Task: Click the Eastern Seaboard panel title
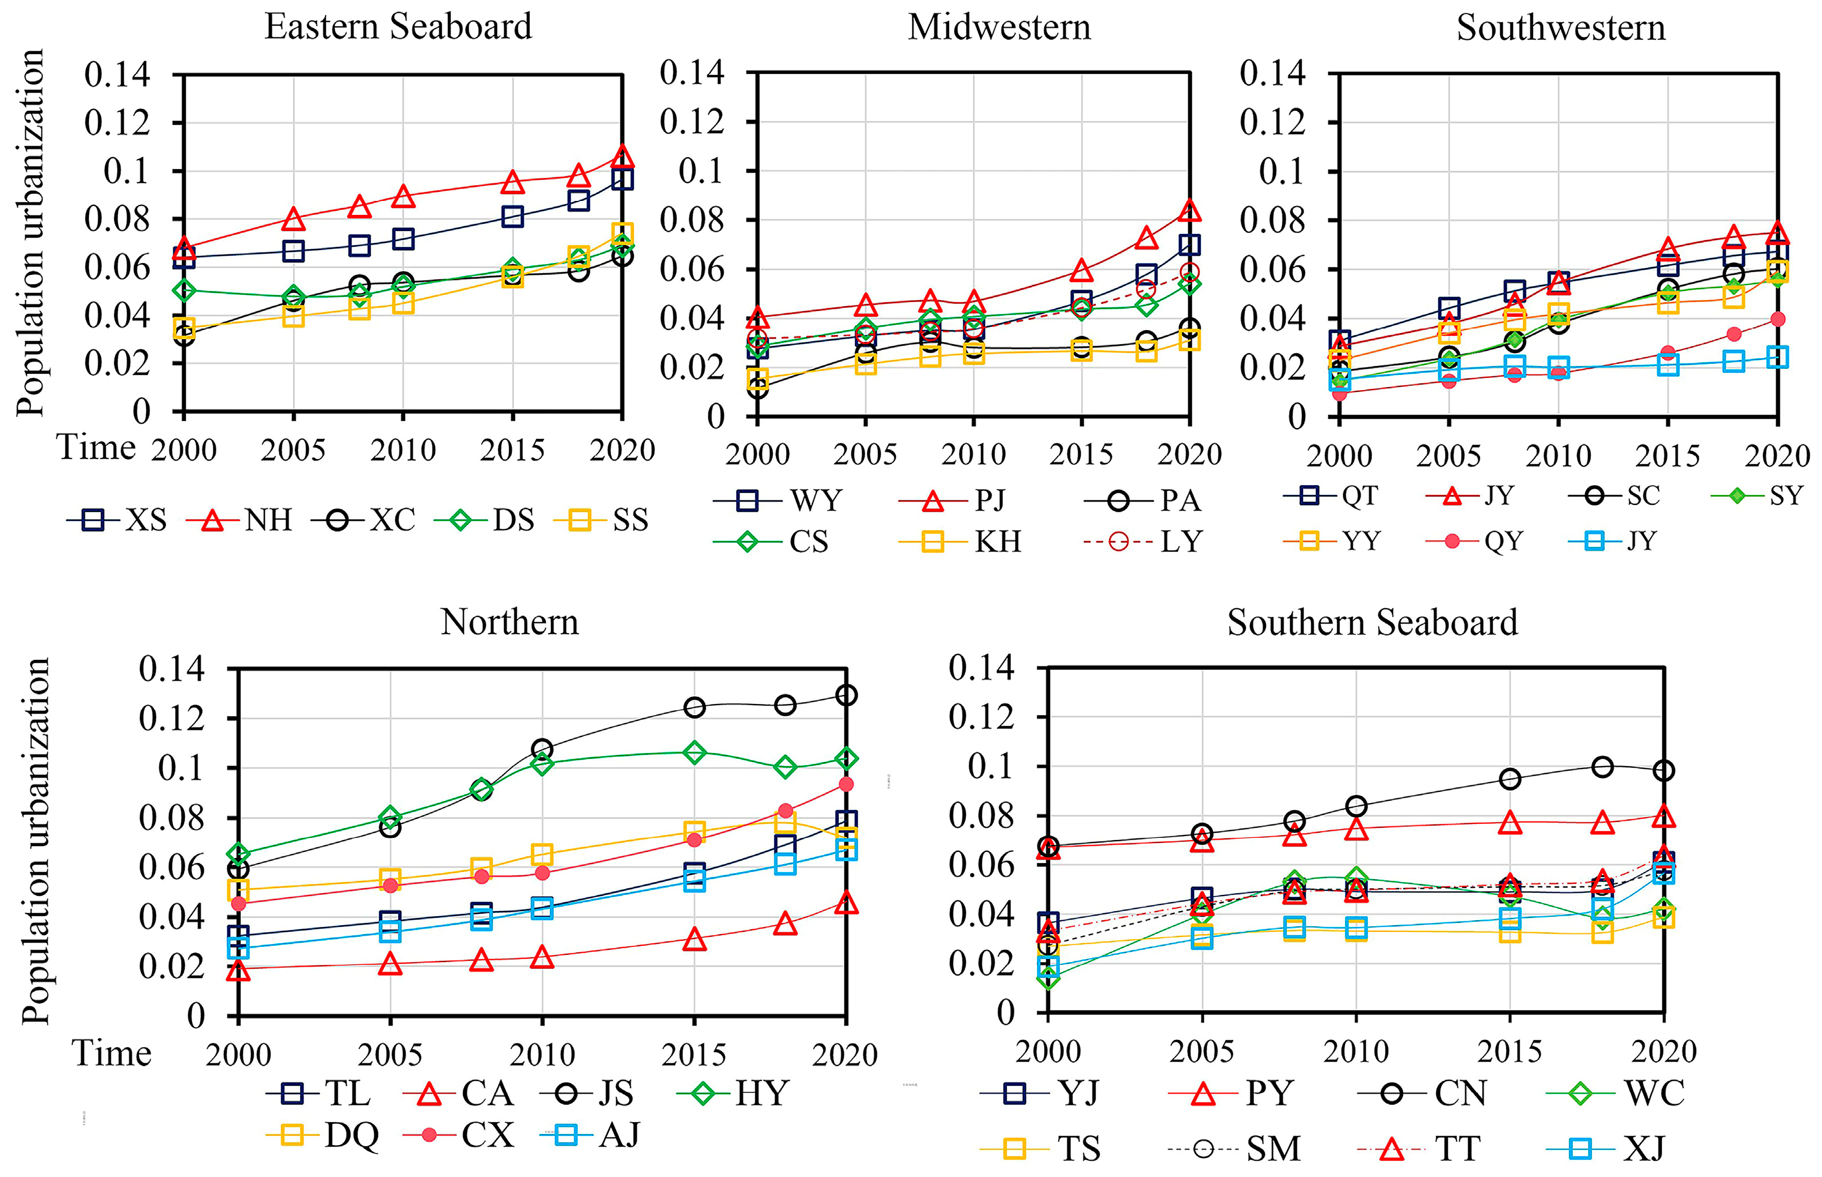click(x=398, y=27)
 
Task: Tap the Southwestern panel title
click(x=1561, y=27)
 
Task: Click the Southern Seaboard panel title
click(x=1372, y=622)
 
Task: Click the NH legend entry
click(x=239, y=520)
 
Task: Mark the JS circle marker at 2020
click(x=845, y=695)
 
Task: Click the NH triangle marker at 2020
click(x=623, y=156)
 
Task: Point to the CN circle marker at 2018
click(x=1603, y=767)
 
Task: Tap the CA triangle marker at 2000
click(x=239, y=969)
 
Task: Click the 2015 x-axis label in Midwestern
click(x=1081, y=454)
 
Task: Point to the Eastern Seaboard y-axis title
click(x=31, y=233)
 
